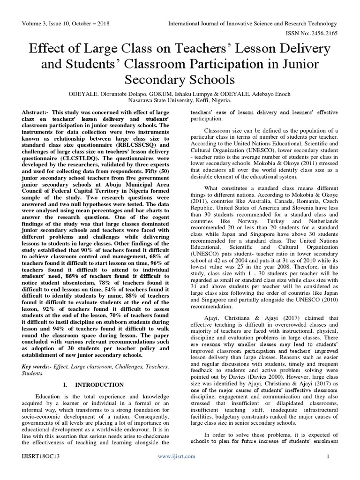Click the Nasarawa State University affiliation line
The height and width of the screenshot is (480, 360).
(x=180, y=99)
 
